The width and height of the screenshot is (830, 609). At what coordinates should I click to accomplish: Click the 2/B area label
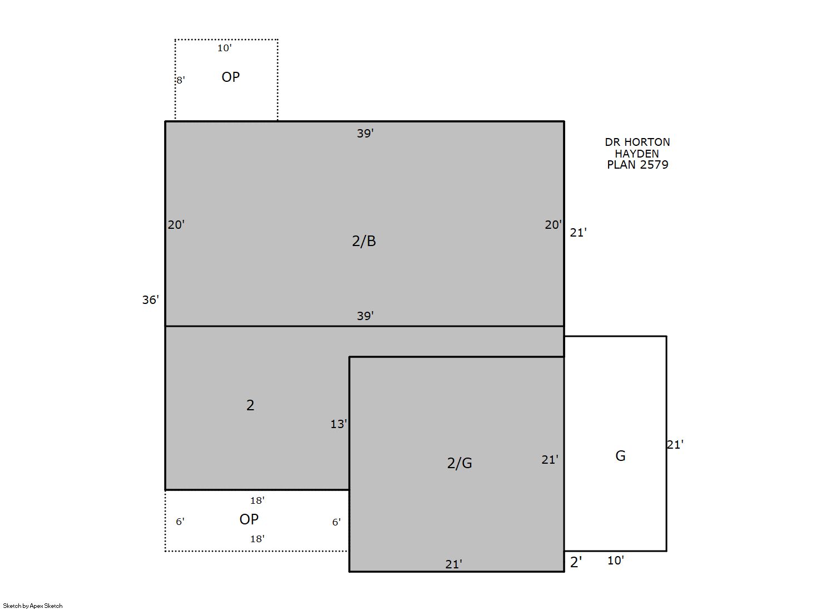click(x=364, y=242)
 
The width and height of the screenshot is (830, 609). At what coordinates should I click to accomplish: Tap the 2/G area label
click(x=460, y=463)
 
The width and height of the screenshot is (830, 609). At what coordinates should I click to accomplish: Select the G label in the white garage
click(x=620, y=456)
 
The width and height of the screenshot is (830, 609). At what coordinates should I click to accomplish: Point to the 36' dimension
click(x=150, y=299)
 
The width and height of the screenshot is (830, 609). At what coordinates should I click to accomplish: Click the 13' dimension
click(x=339, y=424)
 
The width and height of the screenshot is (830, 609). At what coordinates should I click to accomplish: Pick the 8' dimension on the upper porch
click(x=180, y=80)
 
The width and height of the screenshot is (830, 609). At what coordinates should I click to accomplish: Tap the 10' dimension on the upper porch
click(x=225, y=48)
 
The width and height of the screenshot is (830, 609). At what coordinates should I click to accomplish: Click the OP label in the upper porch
click(x=230, y=77)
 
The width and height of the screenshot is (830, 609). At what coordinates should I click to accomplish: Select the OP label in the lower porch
click(x=249, y=519)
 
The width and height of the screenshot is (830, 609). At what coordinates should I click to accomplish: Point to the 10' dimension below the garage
click(x=615, y=561)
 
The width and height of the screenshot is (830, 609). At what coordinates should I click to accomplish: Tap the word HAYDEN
click(x=637, y=154)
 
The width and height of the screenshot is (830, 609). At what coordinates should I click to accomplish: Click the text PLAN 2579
click(x=638, y=165)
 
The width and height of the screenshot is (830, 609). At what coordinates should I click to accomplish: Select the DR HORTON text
click(x=638, y=142)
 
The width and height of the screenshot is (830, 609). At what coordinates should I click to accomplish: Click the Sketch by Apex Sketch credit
click(x=33, y=606)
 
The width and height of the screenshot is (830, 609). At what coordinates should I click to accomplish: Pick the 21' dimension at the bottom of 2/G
click(x=453, y=564)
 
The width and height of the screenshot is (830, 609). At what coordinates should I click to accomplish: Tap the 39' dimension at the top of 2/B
click(x=365, y=134)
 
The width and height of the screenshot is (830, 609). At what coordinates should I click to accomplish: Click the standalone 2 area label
click(x=250, y=405)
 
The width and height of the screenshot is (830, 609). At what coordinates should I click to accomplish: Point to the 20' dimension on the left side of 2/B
click(x=176, y=225)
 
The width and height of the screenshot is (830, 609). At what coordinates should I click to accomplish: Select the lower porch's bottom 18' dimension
click(x=257, y=539)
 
